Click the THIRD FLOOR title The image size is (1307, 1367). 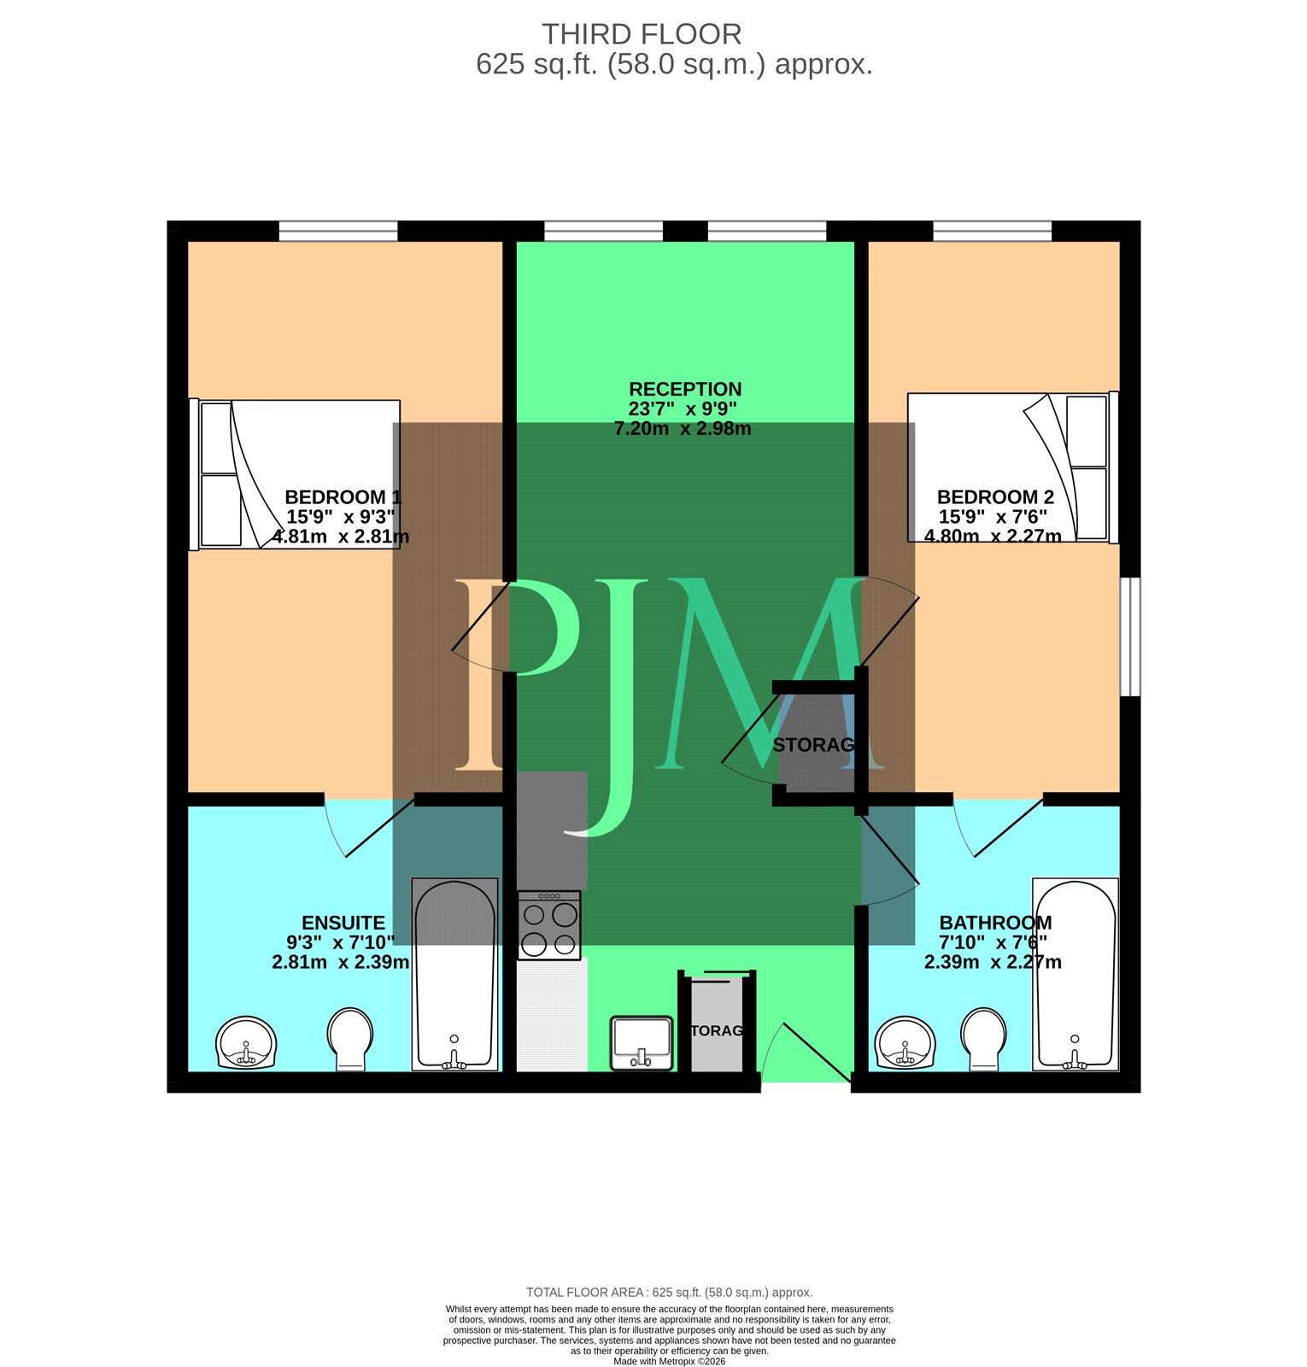[642, 34]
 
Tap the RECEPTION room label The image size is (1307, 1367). [685, 389]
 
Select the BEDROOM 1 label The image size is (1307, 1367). [343, 497]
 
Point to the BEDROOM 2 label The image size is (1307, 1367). [995, 497]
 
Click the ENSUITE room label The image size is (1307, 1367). [343, 923]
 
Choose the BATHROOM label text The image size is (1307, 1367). [995, 923]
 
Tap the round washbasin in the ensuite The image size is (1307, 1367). [247, 1042]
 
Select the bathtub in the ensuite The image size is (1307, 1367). [454, 974]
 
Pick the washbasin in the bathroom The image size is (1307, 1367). [906, 1042]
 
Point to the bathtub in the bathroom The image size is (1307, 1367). [1075, 974]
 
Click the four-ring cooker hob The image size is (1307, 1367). [549, 925]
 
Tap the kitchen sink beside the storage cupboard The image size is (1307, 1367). [642, 1042]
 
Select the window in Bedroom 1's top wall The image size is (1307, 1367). [338, 231]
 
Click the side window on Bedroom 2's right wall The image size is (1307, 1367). [1130, 637]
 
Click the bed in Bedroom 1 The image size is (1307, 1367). [295, 474]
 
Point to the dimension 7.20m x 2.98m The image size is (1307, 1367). [683, 429]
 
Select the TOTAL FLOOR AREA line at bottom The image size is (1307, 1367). [669, 1293]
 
